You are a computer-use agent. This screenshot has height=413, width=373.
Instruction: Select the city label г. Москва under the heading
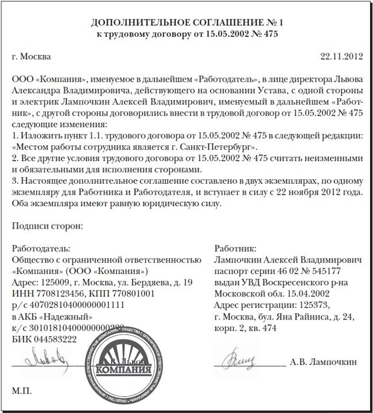[x=31, y=56]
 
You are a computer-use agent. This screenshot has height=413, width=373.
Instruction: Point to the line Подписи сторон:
[x=46, y=226]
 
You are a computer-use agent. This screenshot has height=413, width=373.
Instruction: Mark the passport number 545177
[x=323, y=271]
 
